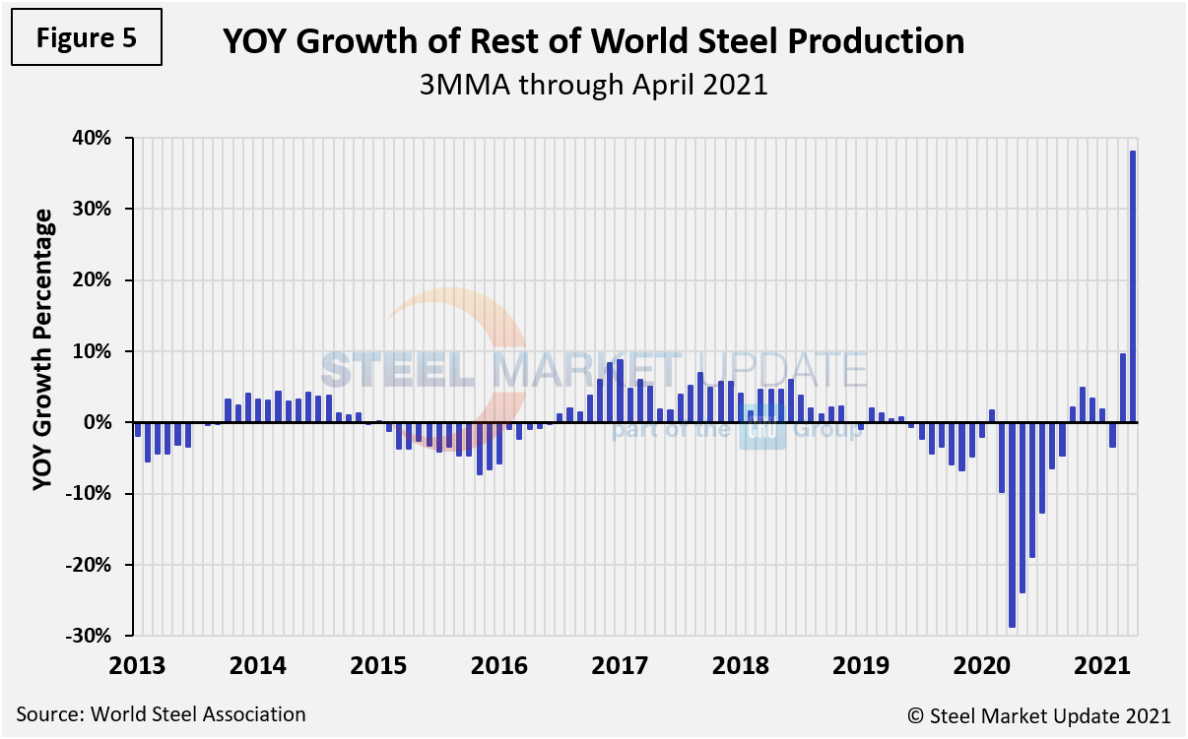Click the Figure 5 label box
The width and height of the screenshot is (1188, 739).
pos(86,38)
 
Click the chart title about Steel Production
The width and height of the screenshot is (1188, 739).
pos(593,41)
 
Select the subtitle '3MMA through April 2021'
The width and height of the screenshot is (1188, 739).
pos(593,85)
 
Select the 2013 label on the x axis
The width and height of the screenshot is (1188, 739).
pos(138,665)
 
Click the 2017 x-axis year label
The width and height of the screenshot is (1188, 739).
pos(621,665)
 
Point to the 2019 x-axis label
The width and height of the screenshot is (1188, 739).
pos(863,665)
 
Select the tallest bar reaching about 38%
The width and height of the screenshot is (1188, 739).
pos(1133,286)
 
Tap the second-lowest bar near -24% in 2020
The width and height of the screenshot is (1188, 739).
pos(1023,508)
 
